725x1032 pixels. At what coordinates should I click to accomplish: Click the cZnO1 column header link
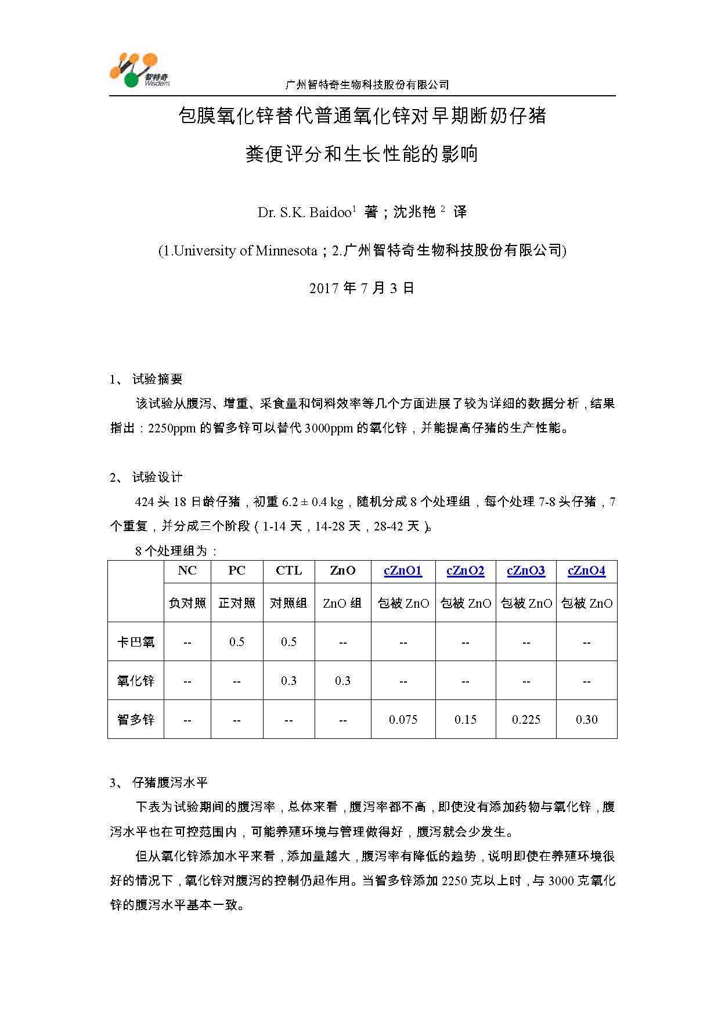[x=403, y=571]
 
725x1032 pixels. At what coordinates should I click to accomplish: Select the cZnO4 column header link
[x=586, y=571]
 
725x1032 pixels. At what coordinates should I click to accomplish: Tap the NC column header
[x=187, y=571]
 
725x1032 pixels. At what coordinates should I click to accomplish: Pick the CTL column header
[x=288, y=571]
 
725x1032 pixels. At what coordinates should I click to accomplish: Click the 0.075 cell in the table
[x=403, y=720]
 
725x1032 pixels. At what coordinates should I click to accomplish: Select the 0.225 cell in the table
[x=526, y=720]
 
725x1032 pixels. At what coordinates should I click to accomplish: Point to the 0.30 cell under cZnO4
[x=586, y=720]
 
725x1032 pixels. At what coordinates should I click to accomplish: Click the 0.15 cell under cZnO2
[x=466, y=720]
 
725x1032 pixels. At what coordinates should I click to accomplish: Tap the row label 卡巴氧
[x=136, y=642]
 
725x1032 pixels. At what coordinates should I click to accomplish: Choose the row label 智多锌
[x=136, y=720]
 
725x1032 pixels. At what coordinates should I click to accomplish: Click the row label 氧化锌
[x=136, y=681]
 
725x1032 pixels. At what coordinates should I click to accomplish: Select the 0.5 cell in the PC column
[x=237, y=642]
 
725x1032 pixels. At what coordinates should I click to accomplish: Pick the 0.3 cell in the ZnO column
[x=342, y=681]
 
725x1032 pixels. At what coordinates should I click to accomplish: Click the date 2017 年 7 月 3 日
[x=362, y=288]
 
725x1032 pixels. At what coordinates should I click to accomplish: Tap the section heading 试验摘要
[x=157, y=379]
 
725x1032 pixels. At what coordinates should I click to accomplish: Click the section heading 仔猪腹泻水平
[x=169, y=782]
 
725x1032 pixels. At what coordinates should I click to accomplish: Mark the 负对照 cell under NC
[x=187, y=604]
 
